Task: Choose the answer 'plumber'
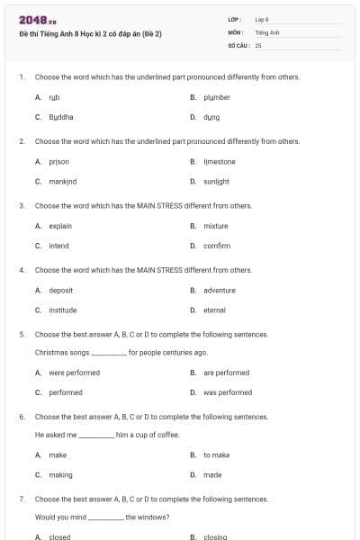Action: (216, 97)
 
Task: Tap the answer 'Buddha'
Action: (60, 117)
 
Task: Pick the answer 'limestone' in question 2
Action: (219, 162)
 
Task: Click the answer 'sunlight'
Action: (216, 182)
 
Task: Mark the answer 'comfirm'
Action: (217, 246)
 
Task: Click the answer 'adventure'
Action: (219, 291)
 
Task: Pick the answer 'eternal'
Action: (214, 310)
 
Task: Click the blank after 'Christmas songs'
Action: (109, 353)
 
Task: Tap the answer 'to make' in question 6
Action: (216, 455)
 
